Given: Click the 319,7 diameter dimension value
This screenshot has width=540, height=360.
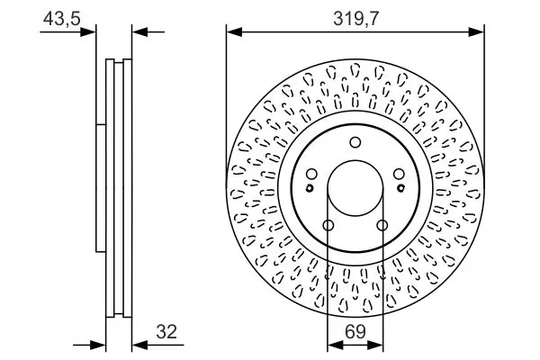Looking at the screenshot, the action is (x=355, y=18).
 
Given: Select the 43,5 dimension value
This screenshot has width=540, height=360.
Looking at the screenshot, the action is (x=61, y=18).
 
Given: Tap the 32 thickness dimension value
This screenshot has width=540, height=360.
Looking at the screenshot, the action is (x=166, y=332).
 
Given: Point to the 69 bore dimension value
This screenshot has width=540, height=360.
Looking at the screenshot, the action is (x=355, y=332).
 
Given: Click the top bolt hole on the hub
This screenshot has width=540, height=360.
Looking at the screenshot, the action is (x=355, y=142).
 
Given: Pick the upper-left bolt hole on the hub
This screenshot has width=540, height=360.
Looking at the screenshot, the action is (x=311, y=175).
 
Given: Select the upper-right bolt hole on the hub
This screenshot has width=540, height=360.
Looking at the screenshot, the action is (x=399, y=175).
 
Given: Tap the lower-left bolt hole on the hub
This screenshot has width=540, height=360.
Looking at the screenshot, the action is (x=328, y=226).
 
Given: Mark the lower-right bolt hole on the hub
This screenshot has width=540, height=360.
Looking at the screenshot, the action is (x=382, y=226).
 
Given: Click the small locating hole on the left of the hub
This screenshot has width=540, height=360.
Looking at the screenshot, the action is (x=310, y=188).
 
